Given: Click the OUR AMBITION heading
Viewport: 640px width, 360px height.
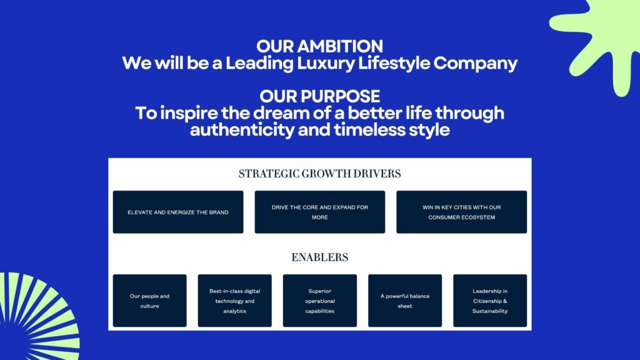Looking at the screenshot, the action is [319, 46].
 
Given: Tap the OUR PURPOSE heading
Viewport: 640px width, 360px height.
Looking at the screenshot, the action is [319, 96].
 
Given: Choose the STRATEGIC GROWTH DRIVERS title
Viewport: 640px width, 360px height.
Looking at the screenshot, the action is [319, 174].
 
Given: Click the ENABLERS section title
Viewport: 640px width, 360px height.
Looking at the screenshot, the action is [319, 257].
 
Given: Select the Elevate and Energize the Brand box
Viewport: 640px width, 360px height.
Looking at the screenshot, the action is [178, 212].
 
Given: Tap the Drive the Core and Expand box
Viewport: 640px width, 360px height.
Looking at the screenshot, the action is [319, 212].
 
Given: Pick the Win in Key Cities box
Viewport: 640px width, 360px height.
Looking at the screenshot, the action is [462, 212].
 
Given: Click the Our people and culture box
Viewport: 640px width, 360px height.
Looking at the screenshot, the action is [150, 301].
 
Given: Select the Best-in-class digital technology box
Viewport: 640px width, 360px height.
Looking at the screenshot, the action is [235, 301].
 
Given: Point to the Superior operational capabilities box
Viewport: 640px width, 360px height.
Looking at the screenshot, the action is [319, 301].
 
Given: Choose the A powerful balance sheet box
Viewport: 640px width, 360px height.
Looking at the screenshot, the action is [405, 301].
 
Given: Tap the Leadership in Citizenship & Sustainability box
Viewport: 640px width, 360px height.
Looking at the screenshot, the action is [490, 301].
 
